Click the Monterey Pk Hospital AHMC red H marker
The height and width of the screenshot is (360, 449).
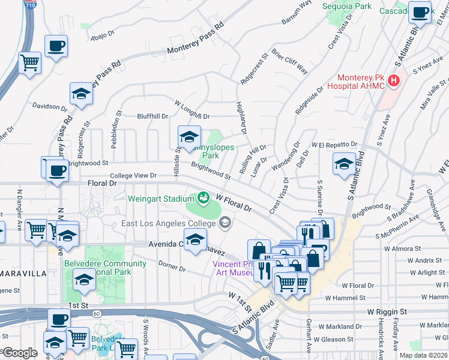pyautogui.click(x=394, y=80)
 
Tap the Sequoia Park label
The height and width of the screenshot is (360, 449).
pyautogui.click(x=356, y=6)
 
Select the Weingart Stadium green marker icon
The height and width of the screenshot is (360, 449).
pyautogui.click(x=203, y=197)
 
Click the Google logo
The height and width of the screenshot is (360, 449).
pyautogui.click(x=19, y=353)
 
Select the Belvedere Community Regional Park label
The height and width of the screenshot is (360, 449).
pyautogui.click(x=98, y=268)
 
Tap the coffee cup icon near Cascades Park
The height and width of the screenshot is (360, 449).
pyautogui.click(x=420, y=11)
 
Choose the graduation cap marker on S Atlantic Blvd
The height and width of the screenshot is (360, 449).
pyautogui.click(x=345, y=163)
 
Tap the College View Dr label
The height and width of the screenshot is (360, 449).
pyautogui.click(x=133, y=176)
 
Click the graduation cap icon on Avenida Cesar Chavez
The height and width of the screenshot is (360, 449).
pyautogui.click(x=194, y=239)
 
